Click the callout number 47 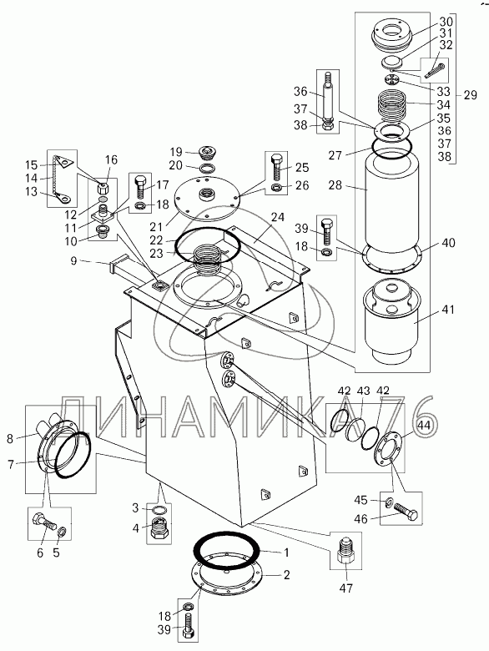coord(346,588)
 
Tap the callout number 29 coord(471,95)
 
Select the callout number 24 coord(278,217)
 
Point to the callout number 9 coord(73,262)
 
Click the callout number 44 coord(423,424)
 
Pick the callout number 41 coord(448,310)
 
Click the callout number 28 coord(335,184)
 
